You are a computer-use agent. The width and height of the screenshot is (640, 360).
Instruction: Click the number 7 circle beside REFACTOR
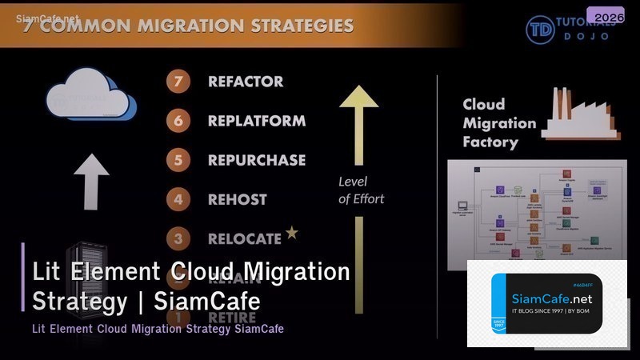pos(178,82)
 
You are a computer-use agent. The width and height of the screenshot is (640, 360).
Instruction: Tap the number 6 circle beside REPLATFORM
pos(178,121)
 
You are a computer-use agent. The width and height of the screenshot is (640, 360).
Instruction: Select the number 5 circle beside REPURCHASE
pos(178,160)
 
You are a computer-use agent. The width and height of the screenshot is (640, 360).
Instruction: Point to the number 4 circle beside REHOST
pos(178,199)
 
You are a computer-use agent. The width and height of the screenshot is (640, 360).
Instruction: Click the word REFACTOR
pos(246,82)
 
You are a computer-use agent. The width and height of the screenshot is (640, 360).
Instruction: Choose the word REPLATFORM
pos(257,121)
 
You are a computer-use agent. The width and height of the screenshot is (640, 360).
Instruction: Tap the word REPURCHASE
pos(257,160)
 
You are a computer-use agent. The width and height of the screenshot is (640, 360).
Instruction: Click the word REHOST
pos(238,199)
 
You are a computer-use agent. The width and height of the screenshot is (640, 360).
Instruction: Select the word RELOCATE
pos(245,238)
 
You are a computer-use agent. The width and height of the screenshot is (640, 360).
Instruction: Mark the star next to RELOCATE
pos(292,233)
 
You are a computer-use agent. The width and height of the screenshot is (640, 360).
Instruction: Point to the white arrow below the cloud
pos(91,181)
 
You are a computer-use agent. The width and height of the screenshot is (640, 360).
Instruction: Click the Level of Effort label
pos(361,190)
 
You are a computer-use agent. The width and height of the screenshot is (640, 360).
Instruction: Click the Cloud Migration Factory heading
pos(498,123)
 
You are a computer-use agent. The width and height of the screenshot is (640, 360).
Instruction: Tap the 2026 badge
pos(605,16)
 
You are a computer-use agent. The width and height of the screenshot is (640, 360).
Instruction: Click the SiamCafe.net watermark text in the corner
pos(48,17)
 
